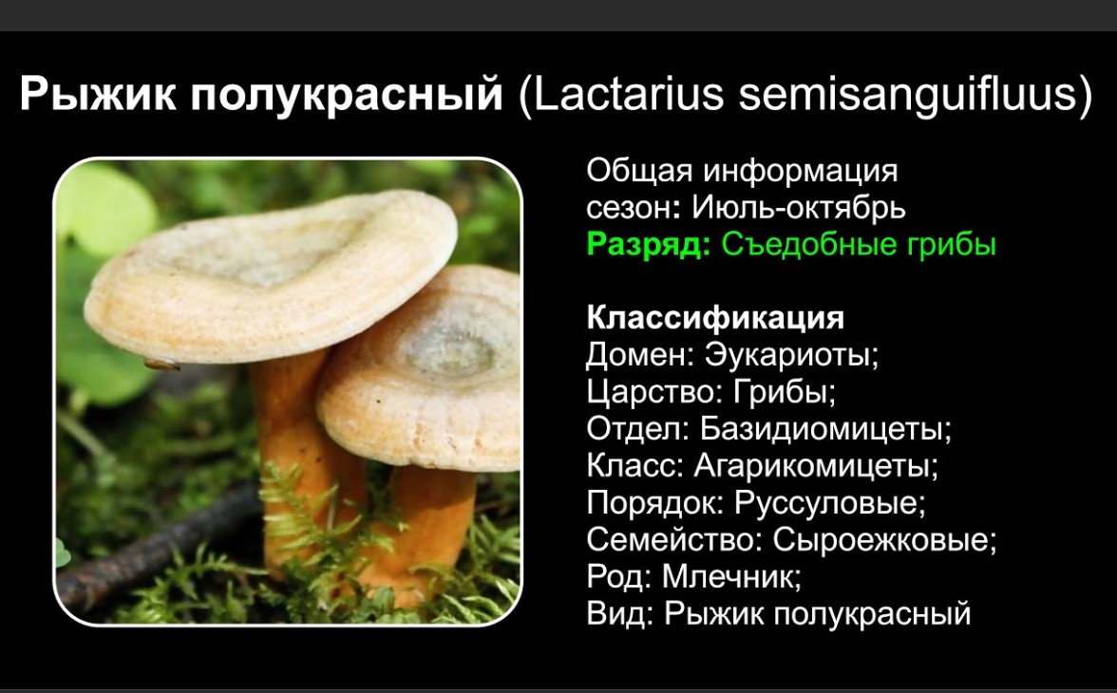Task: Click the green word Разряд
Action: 648,245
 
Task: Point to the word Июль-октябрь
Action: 799,208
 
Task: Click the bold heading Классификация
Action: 715,318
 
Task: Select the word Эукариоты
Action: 791,355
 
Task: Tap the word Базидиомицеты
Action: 825,429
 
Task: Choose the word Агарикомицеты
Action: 816,466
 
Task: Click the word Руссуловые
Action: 830,503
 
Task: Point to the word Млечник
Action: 731,577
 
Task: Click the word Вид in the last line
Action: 616,614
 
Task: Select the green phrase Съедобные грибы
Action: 859,245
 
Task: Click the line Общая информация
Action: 743,171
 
